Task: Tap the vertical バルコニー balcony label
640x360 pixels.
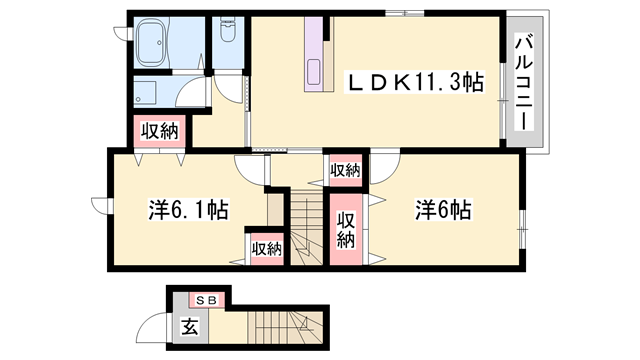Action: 523,83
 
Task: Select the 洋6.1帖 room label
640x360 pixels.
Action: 188,211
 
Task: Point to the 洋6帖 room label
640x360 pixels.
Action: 444,211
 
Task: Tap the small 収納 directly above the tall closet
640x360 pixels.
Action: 345,171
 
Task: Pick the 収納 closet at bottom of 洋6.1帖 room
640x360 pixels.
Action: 266,247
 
